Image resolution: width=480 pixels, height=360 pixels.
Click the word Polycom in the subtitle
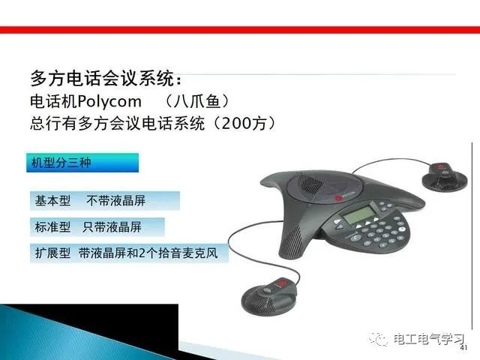(x=109, y=102)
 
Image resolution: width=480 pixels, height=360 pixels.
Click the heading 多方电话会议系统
(x=103, y=78)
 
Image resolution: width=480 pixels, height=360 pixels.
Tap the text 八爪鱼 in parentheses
(x=196, y=101)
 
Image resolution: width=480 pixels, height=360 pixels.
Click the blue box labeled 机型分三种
(x=82, y=163)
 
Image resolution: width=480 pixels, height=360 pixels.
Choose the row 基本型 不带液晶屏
(x=105, y=201)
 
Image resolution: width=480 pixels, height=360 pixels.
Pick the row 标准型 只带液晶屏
(x=97, y=226)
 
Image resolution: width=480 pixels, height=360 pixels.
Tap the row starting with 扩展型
(x=129, y=253)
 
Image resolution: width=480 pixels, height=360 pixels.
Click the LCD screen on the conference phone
(x=357, y=214)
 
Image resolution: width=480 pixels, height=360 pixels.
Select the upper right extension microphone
(x=445, y=178)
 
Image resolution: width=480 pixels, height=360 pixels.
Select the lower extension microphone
(x=269, y=296)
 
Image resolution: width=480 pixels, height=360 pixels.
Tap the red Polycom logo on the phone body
(x=338, y=198)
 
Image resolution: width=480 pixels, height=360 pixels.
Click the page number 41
(x=463, y=347)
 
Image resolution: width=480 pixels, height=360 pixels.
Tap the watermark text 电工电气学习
(x=429, y=339)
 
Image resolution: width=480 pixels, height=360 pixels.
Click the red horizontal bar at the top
(x=240, y=30)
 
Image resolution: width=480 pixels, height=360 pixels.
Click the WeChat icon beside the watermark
(x=379, y=338)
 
